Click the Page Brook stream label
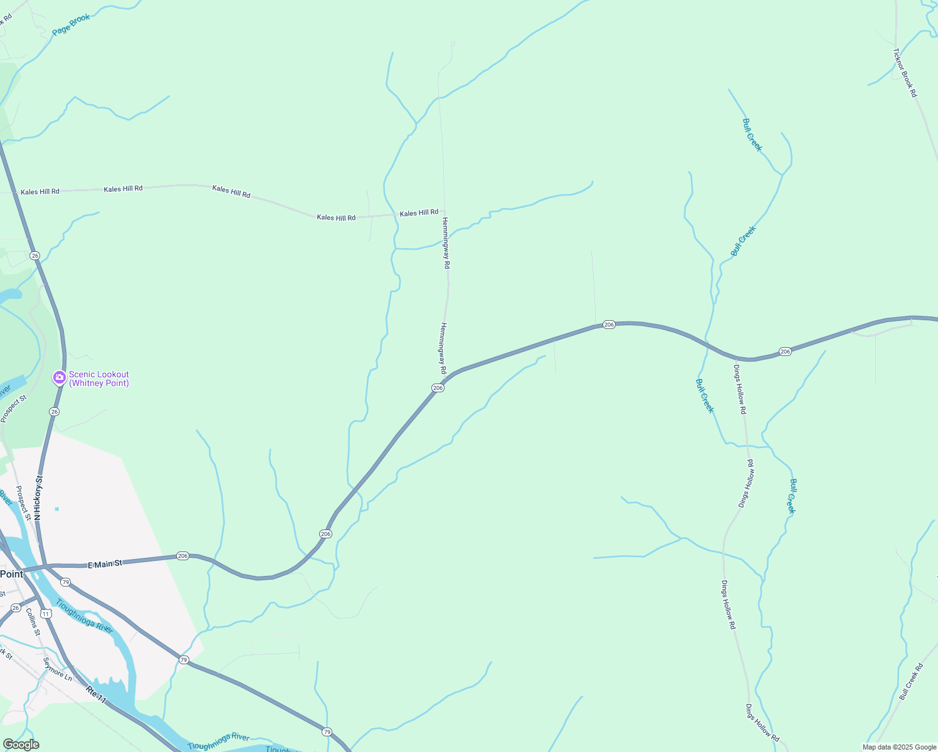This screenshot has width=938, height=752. point(71,24)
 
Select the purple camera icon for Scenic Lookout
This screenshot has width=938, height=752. point(60,377)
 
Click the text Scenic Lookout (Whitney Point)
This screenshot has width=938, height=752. point(99,379)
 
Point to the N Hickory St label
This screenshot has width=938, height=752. point(38,498)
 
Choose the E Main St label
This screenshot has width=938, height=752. point(105,564)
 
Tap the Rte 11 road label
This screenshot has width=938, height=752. point(96,694)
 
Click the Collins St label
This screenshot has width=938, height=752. point(33,622)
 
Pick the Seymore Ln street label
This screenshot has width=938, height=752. point(58,669)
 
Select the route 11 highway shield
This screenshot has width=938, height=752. point(46,613)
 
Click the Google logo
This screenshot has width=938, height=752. point(21,744)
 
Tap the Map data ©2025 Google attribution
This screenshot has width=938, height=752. point(899,747)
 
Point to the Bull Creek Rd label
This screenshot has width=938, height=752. point(911,682)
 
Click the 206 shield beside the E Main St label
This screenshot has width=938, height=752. point(182,556)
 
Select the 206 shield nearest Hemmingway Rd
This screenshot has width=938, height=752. point(438,388)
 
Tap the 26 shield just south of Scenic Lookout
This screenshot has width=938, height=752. point(55,412)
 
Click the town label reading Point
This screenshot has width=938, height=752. point(11,574)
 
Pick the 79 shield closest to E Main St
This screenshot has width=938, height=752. point(66,582)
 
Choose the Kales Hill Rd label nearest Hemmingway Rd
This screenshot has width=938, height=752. point(419,213)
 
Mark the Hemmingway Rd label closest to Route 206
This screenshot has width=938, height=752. point(443,348)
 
